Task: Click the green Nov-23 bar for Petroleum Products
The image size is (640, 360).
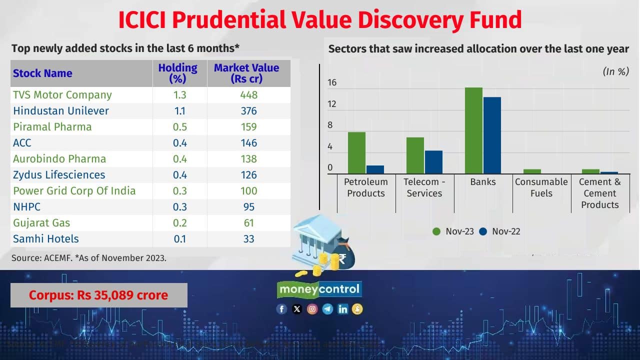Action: tap(356, 153)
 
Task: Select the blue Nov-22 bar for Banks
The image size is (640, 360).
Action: tap(491, 135)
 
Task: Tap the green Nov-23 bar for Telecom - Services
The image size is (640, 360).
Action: tap(415, 155)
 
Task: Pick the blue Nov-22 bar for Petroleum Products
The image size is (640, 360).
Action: tap(375, 169)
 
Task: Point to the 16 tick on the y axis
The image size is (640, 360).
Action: tap(332, 83)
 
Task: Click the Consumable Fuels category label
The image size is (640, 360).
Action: tap(541, 187)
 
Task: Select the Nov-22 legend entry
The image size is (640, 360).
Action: tap(500, 231)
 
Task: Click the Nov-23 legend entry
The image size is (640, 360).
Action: tap(453, 231)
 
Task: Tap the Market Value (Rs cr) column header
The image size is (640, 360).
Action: tap(246, 73)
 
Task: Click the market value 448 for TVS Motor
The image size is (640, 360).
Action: tap(248, 95)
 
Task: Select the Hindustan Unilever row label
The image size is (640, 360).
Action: tap(61, 111)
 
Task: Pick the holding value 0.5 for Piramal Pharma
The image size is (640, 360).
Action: tap(179, 127)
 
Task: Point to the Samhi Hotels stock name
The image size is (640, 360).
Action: tap(46, 239)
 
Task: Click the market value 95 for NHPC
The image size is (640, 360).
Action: tap(248, 207)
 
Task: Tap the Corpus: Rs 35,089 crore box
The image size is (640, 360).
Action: tap(98, 295)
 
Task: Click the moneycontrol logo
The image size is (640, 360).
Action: tap(319, 289)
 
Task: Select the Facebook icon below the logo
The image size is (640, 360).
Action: tap(282, 309)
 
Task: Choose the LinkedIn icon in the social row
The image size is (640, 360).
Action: tap(342, 309)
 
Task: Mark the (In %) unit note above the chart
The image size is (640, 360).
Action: tap(615, 71)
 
